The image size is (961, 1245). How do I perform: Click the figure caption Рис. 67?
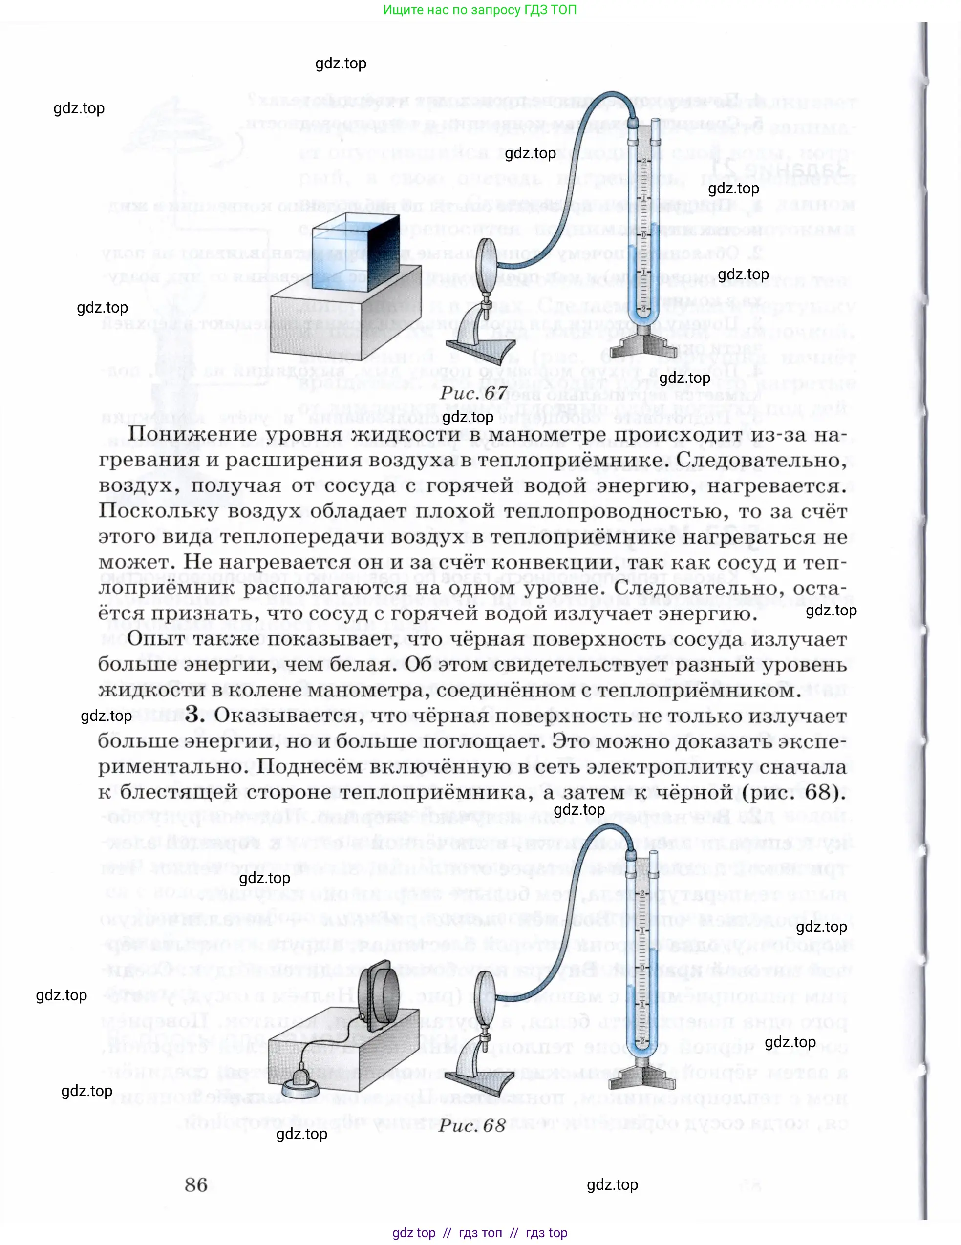tap(473, 393)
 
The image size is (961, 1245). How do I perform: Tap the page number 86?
tap(195, 1184)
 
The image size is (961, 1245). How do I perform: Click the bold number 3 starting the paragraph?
tap(194, 715)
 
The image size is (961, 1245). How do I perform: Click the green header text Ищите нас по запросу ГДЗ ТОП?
tap(480, 10)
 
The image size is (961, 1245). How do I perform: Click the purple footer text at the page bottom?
tap(480, 1232)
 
